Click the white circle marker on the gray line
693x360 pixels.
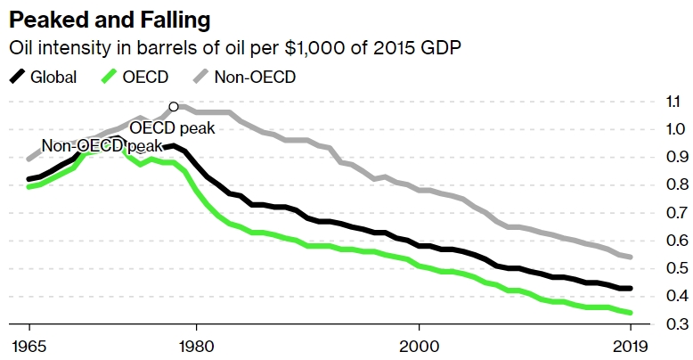pyautogui.click(x=173, y=106)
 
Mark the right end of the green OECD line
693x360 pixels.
pyautogui.click(x=632, y=313)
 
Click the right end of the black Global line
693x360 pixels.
pyautogui.click(x=632, y=289)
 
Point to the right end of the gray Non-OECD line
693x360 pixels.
pyautogui.click(x=632, y=257)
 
